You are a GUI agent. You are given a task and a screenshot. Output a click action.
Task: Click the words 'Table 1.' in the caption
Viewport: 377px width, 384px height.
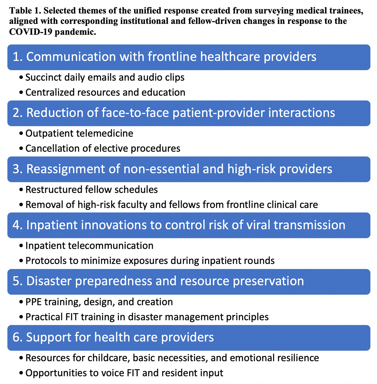tap(25, 11)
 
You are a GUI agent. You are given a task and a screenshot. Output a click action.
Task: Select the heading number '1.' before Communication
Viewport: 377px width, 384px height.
tap(18, 57)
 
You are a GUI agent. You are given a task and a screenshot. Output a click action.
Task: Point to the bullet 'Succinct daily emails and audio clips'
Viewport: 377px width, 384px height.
tap(105, 77)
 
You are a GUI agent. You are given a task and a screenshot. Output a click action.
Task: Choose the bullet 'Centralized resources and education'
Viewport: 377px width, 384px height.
tap(105, 92)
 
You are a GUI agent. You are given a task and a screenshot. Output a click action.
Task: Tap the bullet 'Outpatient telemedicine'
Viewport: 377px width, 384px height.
tap(79, 133)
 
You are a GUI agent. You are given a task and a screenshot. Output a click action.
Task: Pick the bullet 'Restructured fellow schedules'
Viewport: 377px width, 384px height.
tap(91, 190)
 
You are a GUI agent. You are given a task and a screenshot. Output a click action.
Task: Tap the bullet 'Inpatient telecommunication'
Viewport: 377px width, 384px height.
tap(89, 246)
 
